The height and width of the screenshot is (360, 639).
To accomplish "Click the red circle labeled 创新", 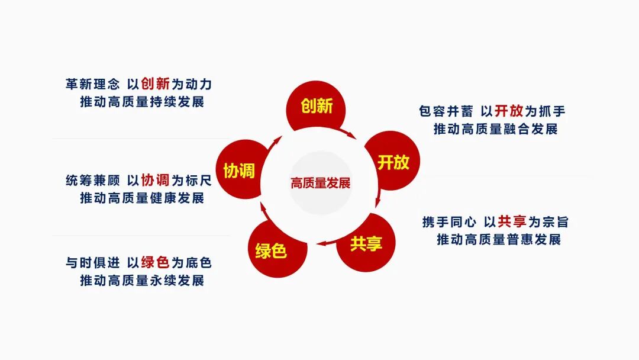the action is [x=316, y=107].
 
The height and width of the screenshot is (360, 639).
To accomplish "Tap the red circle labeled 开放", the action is [x=393, y=162].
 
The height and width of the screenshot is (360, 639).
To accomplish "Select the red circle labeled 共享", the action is [x=366, y=243].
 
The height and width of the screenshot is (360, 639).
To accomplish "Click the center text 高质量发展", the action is [x=320, y=183].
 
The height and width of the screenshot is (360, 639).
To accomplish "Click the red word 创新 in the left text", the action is [x=156, y=84].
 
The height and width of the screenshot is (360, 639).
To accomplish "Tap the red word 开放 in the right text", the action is [x=509, y=111].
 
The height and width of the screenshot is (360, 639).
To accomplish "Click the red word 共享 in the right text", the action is [x=512, y=222].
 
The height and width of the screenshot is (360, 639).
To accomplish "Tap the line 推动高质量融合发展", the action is [x=496, y=129].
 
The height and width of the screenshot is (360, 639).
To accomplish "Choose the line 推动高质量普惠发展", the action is [x=499, y=240].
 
